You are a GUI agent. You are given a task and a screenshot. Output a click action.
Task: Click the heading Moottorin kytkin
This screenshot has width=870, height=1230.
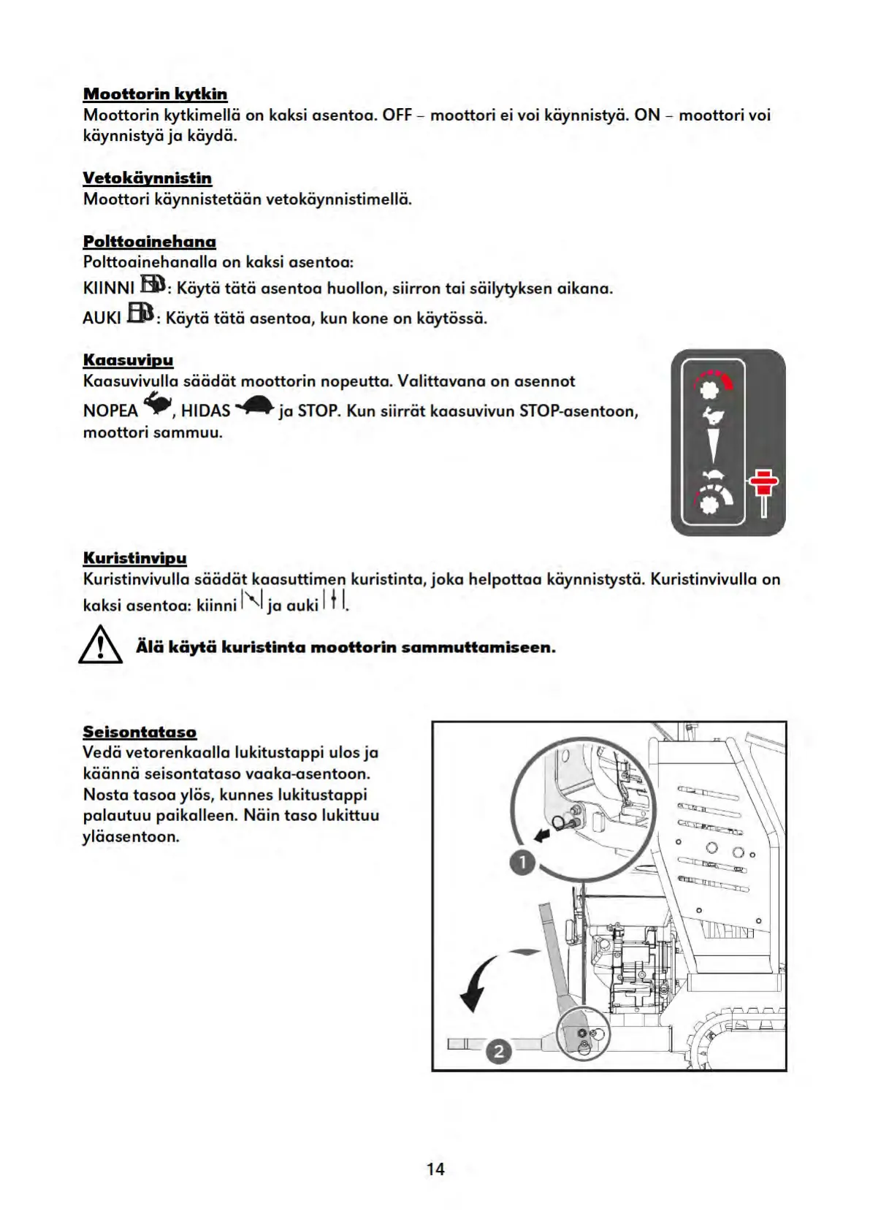(155, 94)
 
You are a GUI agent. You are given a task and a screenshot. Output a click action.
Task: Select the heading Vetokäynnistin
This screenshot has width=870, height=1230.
(147, 178)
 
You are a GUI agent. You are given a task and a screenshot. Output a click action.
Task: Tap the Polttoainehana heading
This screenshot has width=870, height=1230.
(149, 242)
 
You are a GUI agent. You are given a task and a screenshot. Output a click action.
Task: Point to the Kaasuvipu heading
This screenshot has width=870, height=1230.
(128, 360)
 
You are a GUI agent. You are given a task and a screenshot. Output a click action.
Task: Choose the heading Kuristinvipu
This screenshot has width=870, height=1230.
(134, 559)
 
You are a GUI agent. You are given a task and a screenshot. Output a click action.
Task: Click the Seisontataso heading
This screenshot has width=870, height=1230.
(140, 732)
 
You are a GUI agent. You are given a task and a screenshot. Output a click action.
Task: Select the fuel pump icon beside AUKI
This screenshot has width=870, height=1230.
(140, 313)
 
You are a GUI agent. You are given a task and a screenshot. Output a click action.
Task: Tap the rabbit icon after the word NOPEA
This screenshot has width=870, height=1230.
(157, 403)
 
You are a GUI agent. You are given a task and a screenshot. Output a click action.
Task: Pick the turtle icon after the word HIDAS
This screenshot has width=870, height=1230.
(254, 406)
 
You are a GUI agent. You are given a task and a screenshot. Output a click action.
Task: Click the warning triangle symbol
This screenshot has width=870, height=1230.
(100, 646)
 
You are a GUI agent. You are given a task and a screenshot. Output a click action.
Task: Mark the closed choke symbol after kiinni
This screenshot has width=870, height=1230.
(251, 600)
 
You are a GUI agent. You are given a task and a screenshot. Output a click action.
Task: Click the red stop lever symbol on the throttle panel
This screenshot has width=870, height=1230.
(763, 489)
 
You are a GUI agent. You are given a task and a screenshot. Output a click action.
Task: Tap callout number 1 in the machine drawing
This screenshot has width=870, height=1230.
(522, 863)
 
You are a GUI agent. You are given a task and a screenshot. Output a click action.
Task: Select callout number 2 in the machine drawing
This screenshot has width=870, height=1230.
(499, 1051)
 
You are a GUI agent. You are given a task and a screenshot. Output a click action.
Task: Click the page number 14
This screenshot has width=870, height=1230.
(435, 1169)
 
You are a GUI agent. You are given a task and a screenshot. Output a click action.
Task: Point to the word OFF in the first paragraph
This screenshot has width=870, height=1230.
(397, 115)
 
